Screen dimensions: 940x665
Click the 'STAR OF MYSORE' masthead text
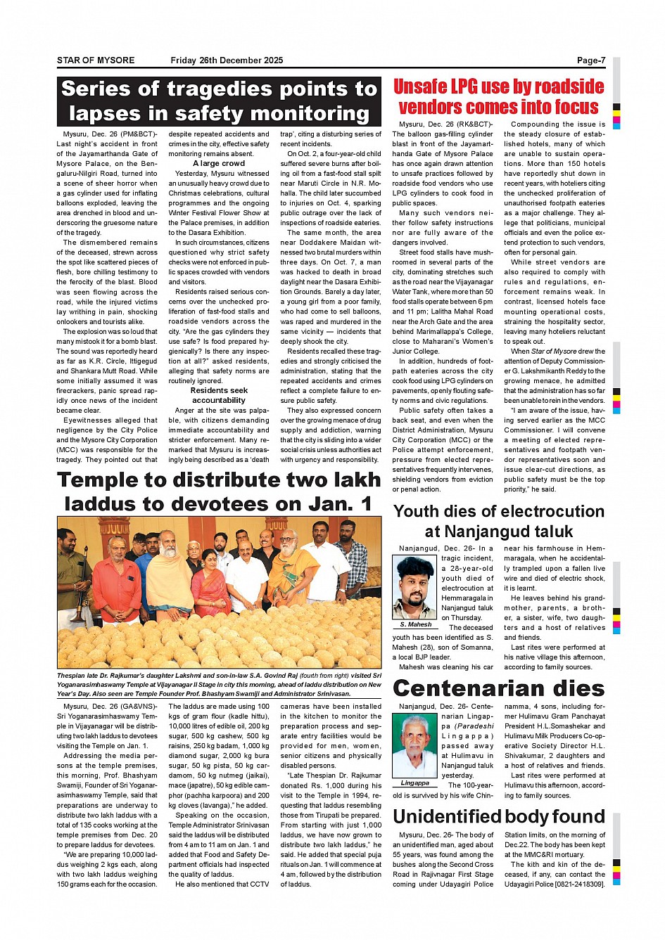click(x=96, y=60)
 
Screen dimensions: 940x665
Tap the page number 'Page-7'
click(x=590, y=60)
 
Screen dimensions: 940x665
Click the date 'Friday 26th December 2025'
click(x=227, y=60)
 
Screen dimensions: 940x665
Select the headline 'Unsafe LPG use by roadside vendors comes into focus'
click(x=498, y=97)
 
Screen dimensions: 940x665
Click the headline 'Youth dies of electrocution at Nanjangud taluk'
click(x=498, y=521)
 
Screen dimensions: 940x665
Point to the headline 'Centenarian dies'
click(x=498, y=688)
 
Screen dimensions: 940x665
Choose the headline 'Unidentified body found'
click(x=498, y=816)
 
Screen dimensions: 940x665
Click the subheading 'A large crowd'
click(x=219, y=163)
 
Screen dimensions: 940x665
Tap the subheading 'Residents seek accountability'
click(x=219, y=395)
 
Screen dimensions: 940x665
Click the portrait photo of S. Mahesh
click(x=414, y=587)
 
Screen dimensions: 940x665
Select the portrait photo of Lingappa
click(x=414, y=745)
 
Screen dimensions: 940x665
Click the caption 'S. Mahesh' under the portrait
click(x=415, y=624)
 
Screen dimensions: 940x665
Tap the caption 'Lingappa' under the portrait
click(x=414, y=783)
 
